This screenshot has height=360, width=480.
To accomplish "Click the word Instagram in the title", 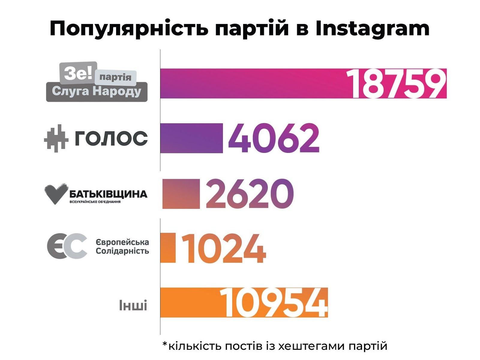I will [x=372, y=29].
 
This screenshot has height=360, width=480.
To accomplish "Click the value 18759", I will [x=396, y=84].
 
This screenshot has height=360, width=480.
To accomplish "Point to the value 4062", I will [x=274, y=138].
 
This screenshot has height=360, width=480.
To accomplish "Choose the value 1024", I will [x=223, y=248].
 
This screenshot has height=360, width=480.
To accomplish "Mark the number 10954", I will [x=274, y=303].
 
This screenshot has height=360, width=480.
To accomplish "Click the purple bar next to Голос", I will [x=191, y=138].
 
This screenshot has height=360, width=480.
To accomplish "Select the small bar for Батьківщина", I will [x=181, y=193].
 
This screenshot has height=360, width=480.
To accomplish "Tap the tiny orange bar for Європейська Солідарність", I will [x=168, y=248].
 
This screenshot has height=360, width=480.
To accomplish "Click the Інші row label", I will [x=133, y=305].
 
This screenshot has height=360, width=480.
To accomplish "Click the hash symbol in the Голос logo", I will [x=56, y=138].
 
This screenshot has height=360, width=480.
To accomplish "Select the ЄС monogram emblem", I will [x=67, y=246].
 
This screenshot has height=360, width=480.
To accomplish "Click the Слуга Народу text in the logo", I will [x=96, y=91].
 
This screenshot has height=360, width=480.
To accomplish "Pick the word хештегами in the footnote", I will [x=312, y=346].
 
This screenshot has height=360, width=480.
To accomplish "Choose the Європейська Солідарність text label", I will [x=122, y=246].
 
